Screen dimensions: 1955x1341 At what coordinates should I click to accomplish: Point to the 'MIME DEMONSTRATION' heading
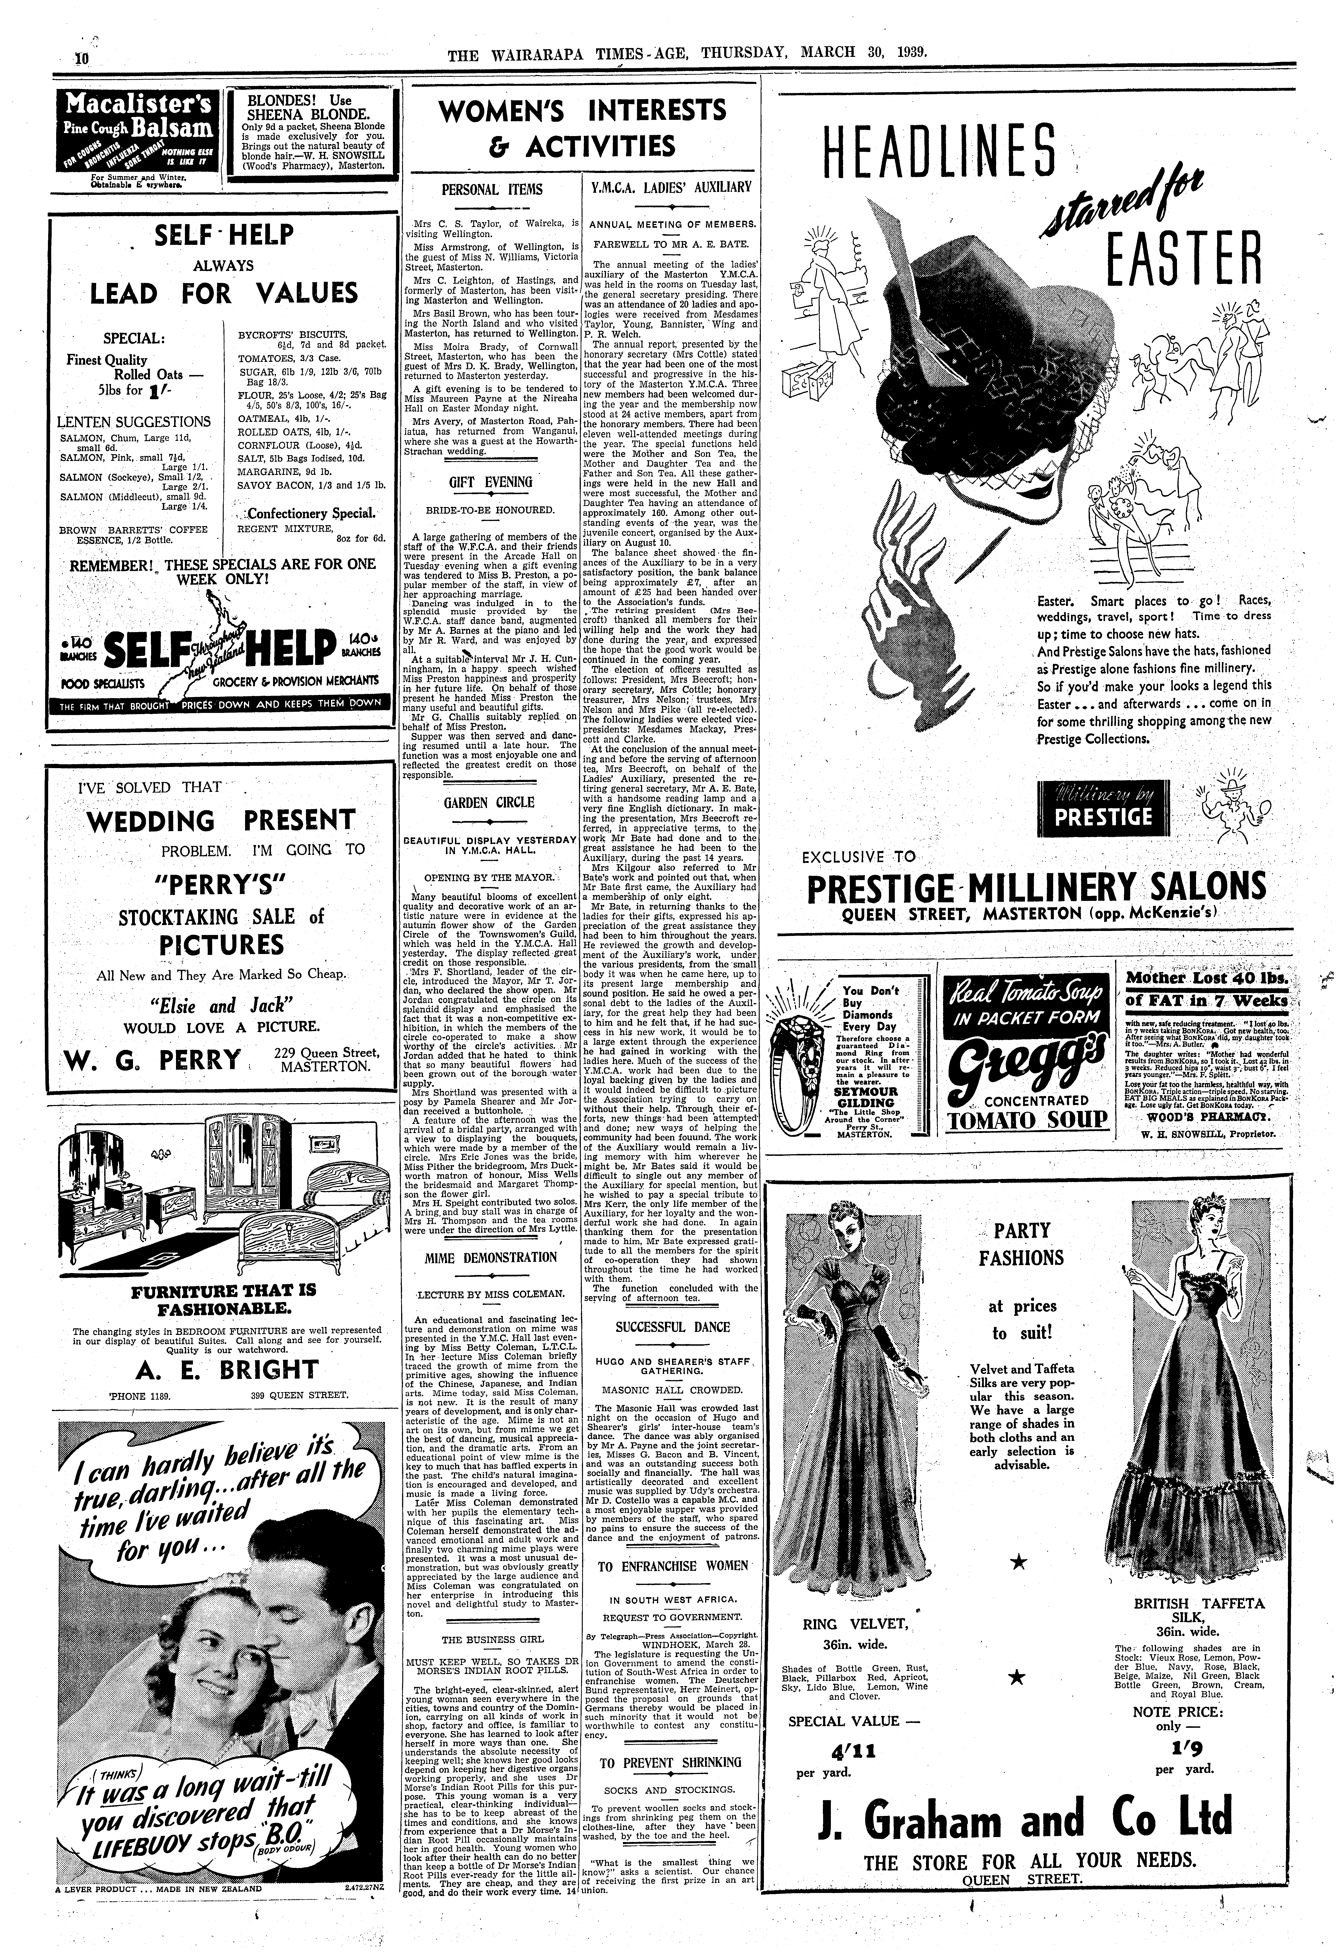coord(490,1258)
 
